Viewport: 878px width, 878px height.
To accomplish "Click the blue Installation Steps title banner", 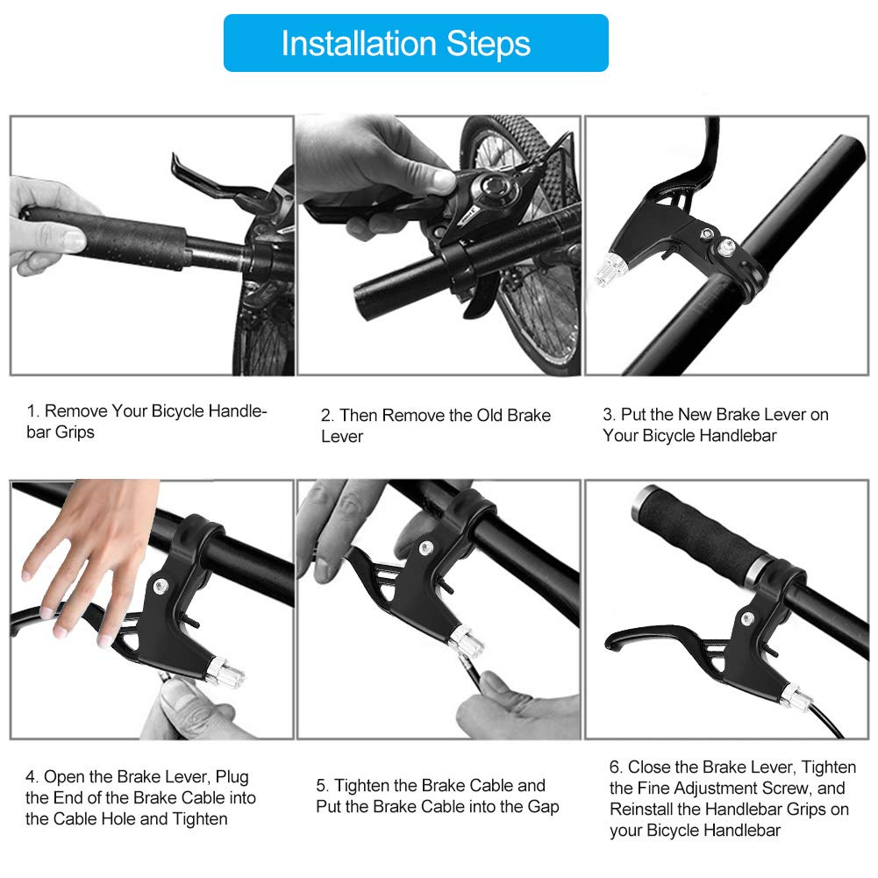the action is [x=416, y=43].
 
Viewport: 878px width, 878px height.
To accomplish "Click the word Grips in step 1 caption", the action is [x=75, y=432].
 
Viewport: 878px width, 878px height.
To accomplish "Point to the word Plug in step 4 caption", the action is [x=232, y=777].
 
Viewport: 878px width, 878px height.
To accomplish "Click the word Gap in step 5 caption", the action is [x=543, y=807].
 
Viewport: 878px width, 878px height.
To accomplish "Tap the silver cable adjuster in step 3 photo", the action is [x=608, y=269].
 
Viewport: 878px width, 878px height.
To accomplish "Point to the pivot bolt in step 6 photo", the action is [x=747, y=618].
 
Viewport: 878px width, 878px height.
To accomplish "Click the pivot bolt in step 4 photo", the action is [x=161, y=587].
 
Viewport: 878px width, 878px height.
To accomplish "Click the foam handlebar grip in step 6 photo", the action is [x=703, y=533].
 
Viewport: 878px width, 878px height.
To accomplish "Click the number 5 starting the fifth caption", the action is [x=321, y=786].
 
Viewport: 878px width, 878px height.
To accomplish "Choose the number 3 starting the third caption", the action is [x=608, y=414].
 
